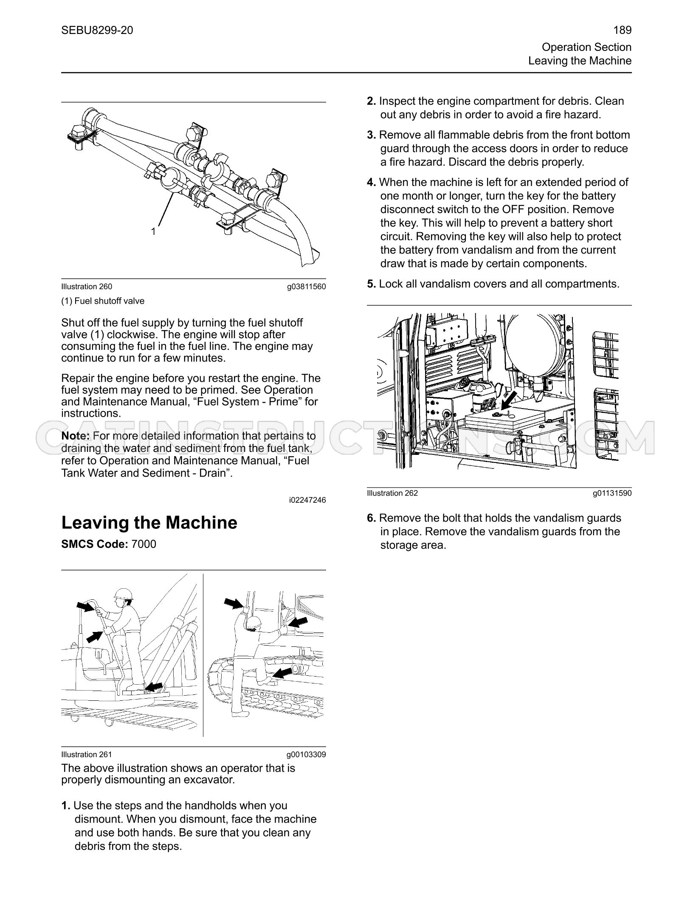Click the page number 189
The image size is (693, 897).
(623, 30)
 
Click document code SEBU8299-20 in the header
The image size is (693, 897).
(97, 30)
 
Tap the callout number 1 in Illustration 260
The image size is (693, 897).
(154, 231)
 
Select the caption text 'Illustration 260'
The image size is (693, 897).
(87, 287)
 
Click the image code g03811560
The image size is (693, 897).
(307, 287)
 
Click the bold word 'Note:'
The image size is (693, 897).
(76, 436)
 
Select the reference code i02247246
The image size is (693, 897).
(307, 500)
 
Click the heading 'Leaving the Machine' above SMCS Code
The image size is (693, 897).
(149, 522)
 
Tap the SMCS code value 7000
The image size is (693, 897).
(144, 544)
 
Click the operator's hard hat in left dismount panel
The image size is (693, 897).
(124, 594)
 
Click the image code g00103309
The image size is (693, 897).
(306, 755)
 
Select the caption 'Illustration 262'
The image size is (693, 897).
(392, 493)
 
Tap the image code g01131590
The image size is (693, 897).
(612, 493)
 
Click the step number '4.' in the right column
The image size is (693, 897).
(372, 182)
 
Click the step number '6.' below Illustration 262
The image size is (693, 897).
(372, 518)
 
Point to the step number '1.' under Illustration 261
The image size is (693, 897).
(66, 806)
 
